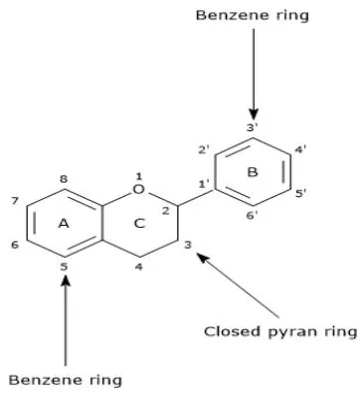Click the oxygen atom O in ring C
[138, 189]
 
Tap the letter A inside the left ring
[64, 224]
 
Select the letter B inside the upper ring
[253, 172]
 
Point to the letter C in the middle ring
[139, 224]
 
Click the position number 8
[64, 179]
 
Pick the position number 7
[15, 201]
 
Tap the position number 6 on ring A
[15, 245]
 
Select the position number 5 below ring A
[64, 267]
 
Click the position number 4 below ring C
[139, 267]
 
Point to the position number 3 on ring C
[188, 245]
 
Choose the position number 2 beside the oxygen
[166, 211]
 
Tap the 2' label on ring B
[204, 150]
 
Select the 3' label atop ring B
[253, 127]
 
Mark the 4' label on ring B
[301, 150]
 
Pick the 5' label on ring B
[301, 193]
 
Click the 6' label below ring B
[253, 216]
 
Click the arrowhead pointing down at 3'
[254, 114]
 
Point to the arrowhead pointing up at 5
[66, 280]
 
